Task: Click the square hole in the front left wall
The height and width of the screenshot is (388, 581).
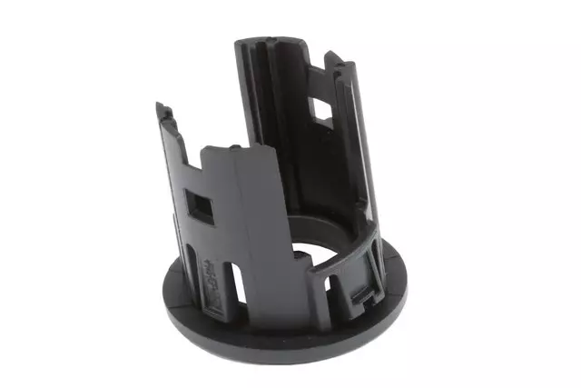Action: tap(201, 204)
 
